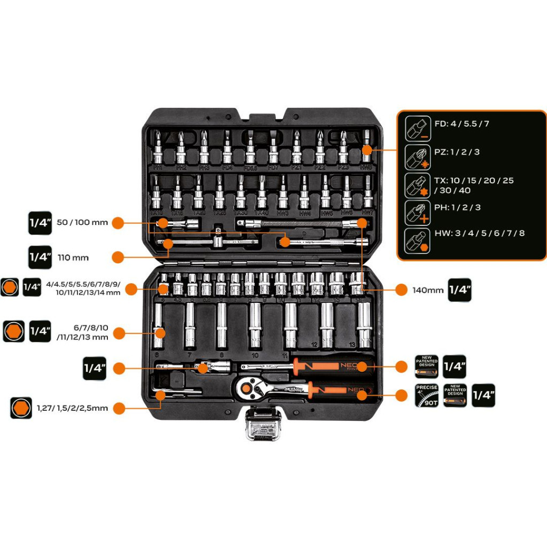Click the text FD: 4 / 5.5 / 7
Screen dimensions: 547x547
click(462, 124)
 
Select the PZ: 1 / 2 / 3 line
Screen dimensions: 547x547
click(457, 152)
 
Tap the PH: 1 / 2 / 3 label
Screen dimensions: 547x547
click(458, 207)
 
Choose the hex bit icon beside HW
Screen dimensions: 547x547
click(417, 240)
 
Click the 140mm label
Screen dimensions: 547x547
click(428, 290)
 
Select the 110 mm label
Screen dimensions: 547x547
click(73, 257)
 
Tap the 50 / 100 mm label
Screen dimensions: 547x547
click(82, 222)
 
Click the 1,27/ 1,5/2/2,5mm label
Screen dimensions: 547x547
click(72, 408)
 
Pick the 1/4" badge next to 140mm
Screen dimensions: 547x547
click(459, 290)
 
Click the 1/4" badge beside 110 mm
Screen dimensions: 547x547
click(40, 257)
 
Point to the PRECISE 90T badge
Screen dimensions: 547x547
click(427, 395)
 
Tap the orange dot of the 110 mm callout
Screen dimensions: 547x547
click(119, 257)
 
